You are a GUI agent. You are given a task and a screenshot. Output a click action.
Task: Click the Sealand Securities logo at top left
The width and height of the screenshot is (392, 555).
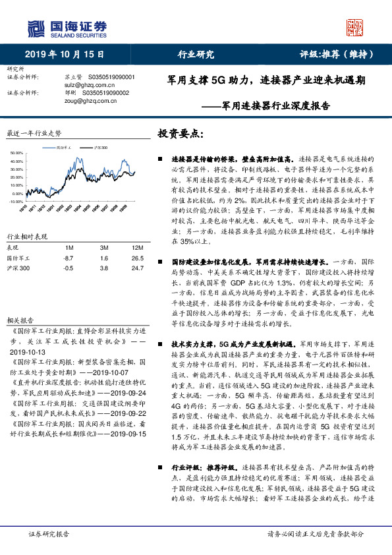[67, 28]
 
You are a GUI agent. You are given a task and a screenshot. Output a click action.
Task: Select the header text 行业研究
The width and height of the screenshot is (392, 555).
[196, 54]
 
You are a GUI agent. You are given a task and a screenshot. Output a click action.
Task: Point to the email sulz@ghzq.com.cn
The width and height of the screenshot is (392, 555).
[81, 85]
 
